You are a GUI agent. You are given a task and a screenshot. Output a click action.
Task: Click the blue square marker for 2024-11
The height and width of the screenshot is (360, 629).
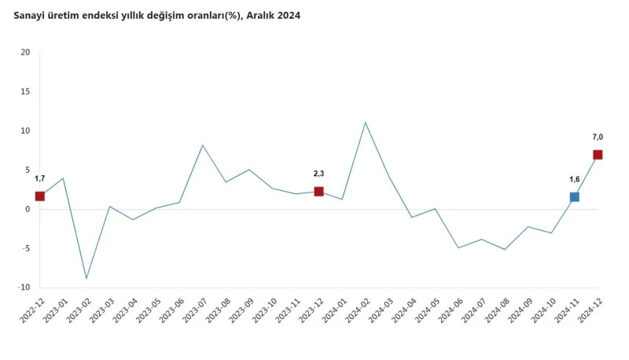[575, 197]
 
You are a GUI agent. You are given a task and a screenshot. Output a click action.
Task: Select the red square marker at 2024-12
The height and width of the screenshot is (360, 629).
[598, 155]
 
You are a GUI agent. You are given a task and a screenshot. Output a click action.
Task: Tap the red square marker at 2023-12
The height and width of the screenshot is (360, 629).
[318, 191]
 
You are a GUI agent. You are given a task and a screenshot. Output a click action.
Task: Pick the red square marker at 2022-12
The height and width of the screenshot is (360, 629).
[39, 196]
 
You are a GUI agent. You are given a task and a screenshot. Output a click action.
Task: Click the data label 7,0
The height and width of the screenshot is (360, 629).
[598, 138]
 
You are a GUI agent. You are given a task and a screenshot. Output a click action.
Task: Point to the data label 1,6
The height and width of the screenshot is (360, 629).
[575, 179]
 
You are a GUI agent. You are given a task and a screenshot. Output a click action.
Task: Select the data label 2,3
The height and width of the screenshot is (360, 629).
[318, 174]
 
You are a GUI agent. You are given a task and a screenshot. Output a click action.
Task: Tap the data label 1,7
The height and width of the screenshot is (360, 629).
[39, 178]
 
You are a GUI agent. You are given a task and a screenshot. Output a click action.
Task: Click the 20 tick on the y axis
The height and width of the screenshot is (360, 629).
[25, 53]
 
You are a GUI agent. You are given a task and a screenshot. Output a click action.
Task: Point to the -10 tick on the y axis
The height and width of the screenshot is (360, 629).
[24, 288]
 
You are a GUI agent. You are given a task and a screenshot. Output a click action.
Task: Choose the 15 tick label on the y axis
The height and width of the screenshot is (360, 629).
[25, 92]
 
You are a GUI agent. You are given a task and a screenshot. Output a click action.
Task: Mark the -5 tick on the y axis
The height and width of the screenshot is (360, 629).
[25, 248]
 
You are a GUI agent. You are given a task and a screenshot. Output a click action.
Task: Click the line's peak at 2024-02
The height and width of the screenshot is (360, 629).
[365, 123]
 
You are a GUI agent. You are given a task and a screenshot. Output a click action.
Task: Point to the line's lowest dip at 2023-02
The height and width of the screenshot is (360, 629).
[86, 278]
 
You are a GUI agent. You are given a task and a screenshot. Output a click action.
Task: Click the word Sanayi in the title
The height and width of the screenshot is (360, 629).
[31, 15]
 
